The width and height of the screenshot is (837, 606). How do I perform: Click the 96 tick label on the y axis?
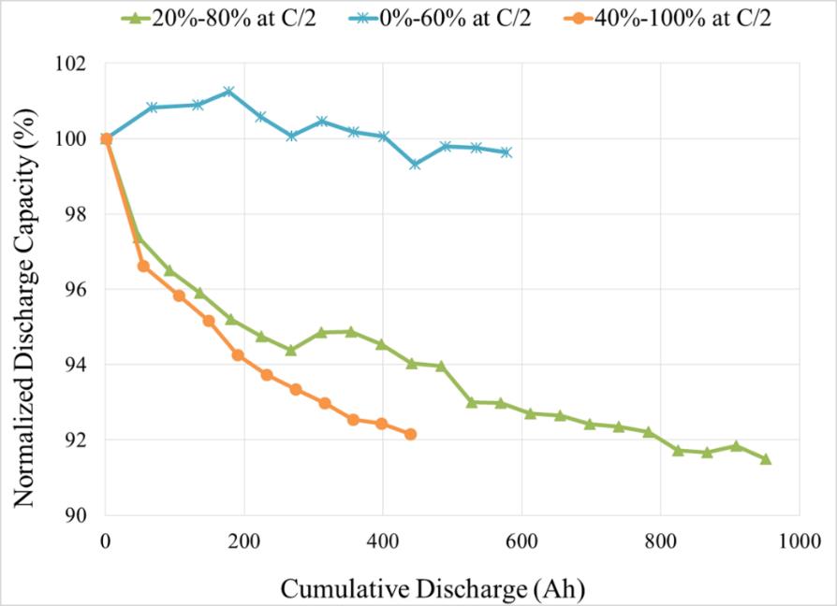click(76, 290)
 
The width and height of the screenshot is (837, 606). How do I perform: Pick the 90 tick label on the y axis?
click(76, 515)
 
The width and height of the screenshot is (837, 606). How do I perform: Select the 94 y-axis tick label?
click(76, 365)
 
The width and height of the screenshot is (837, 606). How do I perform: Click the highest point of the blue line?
click(228, 92)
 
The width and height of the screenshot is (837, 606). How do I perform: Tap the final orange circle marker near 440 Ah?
click(410, 434)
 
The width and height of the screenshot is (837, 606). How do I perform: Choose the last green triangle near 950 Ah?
click(765, 458)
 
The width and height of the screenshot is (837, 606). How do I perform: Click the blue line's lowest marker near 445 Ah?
click(415, 165)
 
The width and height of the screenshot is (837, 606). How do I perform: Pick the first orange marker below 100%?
click(143, 267)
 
